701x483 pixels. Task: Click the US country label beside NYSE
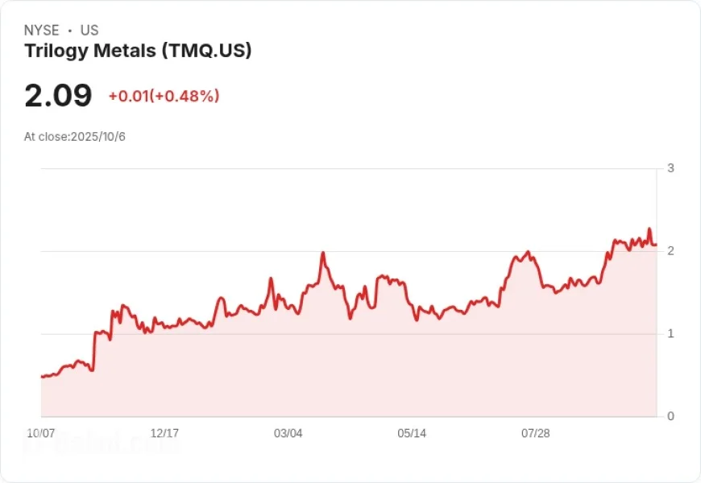[x=89, y=31]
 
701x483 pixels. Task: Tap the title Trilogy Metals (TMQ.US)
[x=138, y=52]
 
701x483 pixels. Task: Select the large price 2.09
[x=58, y=96]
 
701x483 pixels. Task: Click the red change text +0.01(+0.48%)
[x=164, y=97]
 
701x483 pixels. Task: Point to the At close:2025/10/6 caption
[x=75, y=137]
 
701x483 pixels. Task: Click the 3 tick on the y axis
[x=670, y=168]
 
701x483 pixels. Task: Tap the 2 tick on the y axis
[x=670, y=251]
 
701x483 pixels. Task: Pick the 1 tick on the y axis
[x=670, y=334]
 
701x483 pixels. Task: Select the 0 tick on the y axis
[x=670, y=416]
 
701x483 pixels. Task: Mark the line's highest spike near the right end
[x=649, y=229]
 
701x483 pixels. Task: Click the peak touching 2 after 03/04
[x=322, y=253]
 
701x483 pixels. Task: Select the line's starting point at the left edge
[x=42, y=376]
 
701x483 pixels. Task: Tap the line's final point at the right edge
[x=656, y=244]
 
